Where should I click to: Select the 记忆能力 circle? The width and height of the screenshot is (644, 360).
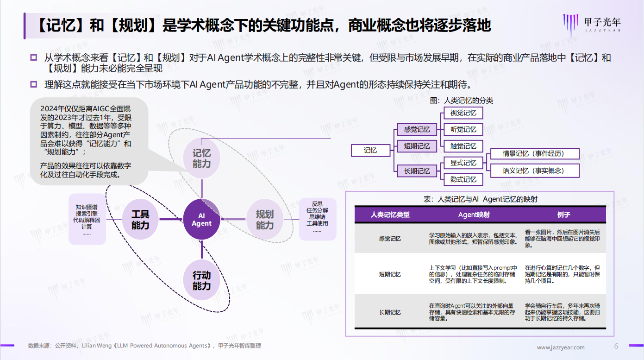click(201, 158)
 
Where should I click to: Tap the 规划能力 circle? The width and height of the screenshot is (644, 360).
click(265, 220)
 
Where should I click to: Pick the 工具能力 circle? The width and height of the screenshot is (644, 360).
click(140, 220)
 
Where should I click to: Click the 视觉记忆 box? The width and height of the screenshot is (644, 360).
click(463, 113)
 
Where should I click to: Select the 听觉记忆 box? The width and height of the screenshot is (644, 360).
click(463, 129)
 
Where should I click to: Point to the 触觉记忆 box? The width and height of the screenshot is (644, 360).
click(463, 146)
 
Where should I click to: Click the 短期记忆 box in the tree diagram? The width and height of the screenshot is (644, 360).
click(417, 146)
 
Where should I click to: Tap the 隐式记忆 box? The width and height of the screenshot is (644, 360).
click(463, 179)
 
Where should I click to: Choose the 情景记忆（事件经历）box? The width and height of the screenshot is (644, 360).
click(534, 154)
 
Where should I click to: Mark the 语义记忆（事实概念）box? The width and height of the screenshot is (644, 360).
click(534, 171)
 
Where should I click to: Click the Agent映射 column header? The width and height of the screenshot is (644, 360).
click(474, 215)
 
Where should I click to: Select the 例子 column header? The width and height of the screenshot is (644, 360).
click(563, 215)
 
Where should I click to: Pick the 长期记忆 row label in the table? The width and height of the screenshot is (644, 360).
click(390, 312)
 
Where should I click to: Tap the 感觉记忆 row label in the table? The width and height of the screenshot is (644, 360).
click(390, 239)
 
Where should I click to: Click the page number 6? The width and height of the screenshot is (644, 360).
click(616, 346)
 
